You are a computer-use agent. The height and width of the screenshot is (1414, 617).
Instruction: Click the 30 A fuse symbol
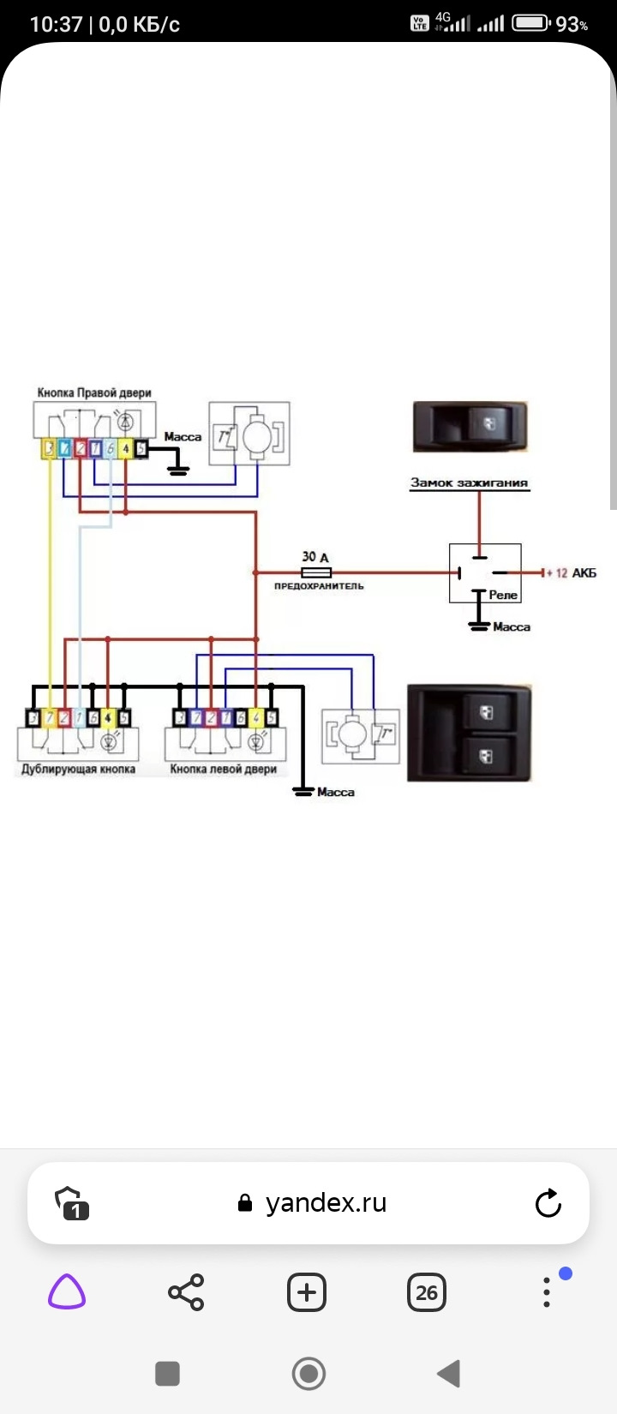coord(316,572)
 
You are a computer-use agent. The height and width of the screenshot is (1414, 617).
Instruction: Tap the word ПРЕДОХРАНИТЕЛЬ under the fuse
coord(319,586)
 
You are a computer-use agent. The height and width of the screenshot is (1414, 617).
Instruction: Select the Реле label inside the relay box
coord(503,595)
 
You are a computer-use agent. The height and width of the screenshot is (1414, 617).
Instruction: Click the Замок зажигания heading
coord(469,482)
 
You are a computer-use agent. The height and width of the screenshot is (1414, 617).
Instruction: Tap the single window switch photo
coord(470,426)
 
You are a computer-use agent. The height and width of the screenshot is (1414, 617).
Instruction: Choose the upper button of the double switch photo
coord(486,712)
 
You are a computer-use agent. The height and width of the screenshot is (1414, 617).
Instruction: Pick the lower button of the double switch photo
coord(486,756)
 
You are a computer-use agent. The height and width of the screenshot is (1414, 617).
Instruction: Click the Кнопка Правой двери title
coord(94,392)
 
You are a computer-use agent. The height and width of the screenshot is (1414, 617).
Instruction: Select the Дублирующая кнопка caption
coord(78,769)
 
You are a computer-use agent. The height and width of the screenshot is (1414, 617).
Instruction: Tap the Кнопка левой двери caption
coord(223,769)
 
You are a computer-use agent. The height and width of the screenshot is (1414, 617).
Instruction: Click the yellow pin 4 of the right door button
coord(125,448)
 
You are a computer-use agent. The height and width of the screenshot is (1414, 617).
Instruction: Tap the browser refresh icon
coord(548,1203)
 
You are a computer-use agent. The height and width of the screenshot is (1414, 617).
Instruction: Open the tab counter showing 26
coord(426,1292)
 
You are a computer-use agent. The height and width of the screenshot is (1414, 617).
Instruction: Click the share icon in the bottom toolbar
coord(186,1292)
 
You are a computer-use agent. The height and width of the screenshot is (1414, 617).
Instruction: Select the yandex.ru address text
coord(326,1203)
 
